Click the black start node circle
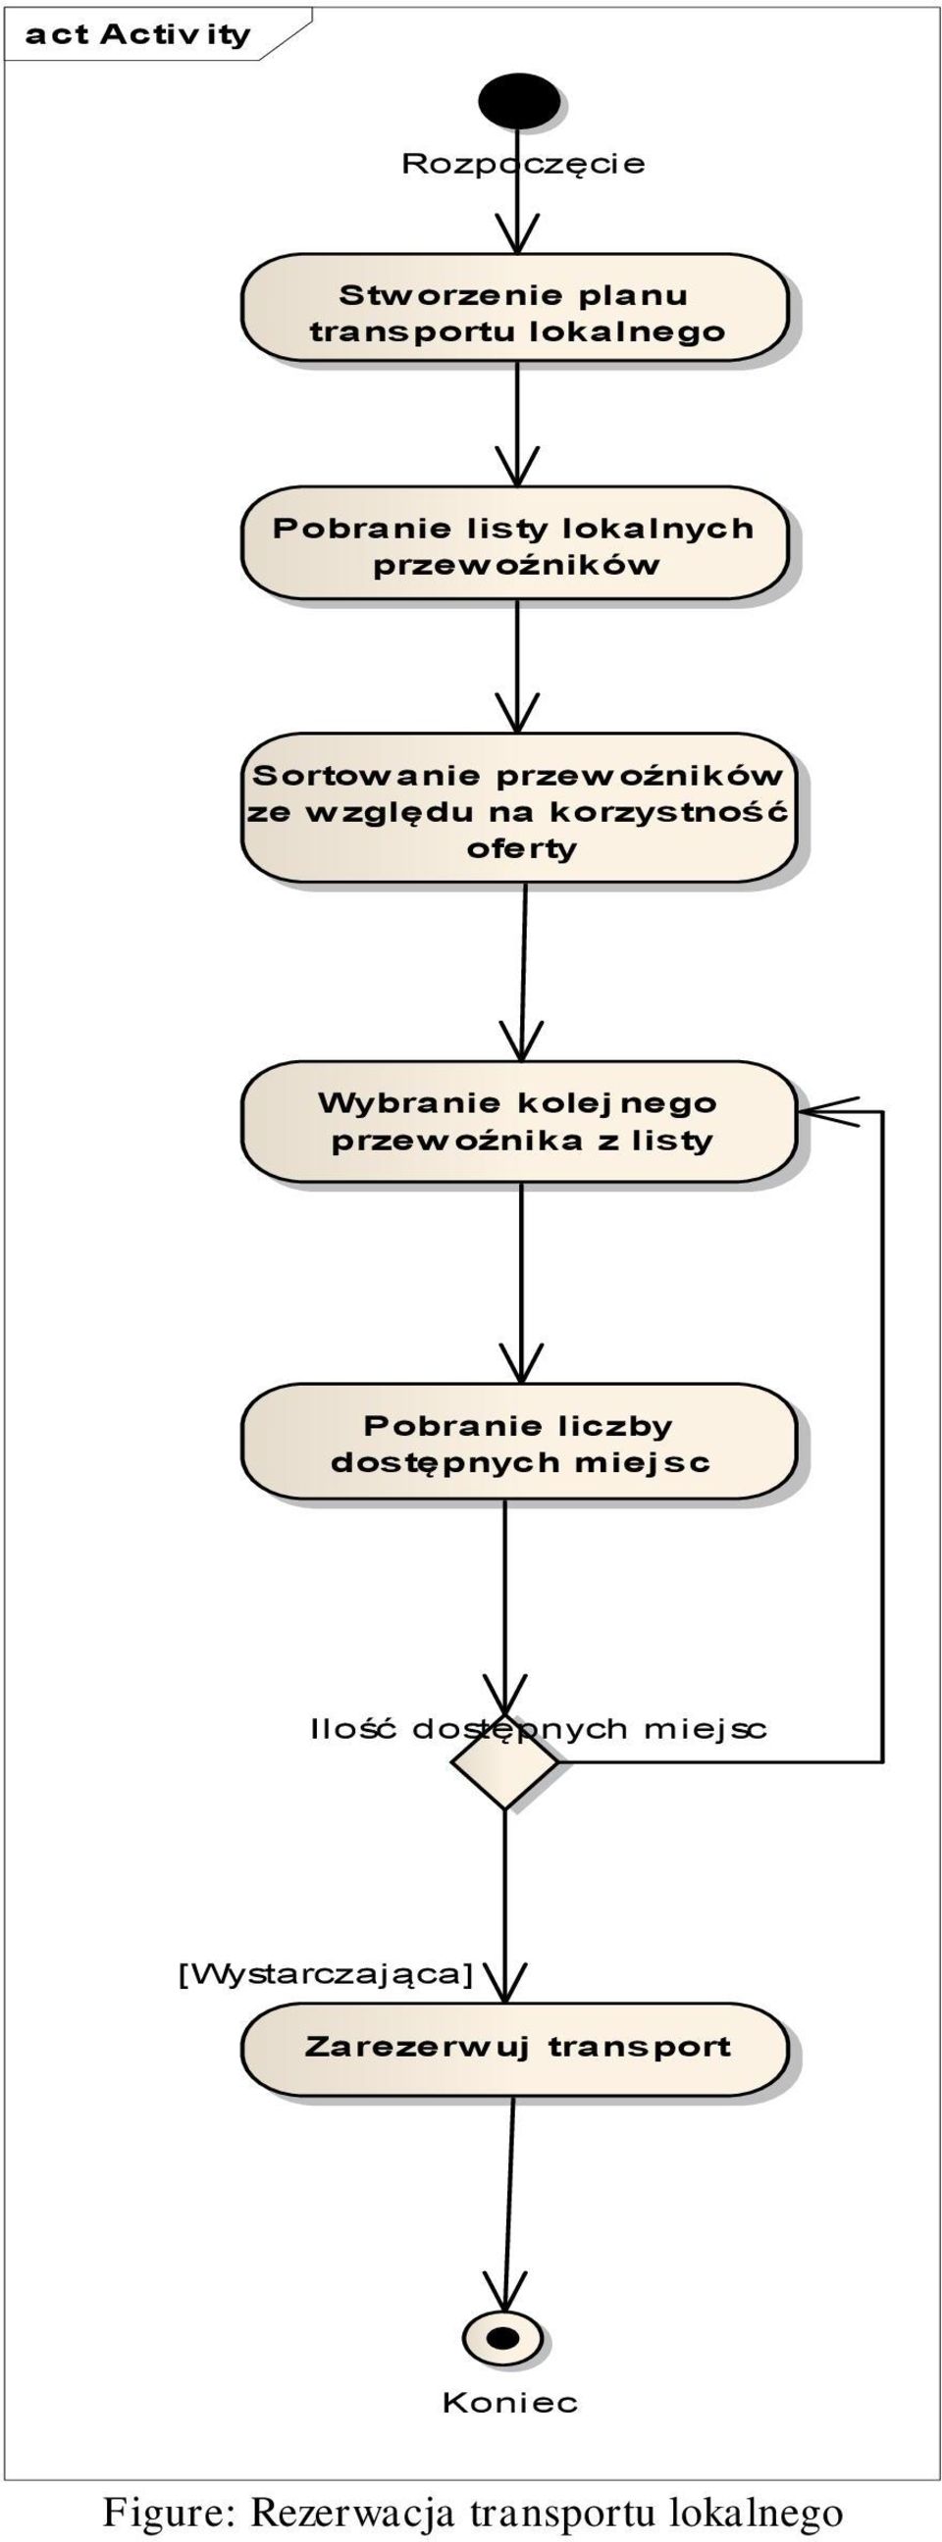coord(517,101)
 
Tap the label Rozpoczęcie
coord(522,164)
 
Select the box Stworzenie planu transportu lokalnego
coord(515,308)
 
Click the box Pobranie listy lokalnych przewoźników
coord(515,542)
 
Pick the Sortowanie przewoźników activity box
coord(518,807)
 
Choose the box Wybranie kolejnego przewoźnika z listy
coord(518,1121)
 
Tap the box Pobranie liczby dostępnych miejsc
coord(518,1442)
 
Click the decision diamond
coord(504,1761)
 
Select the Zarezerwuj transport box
coord(515,2049)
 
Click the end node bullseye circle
coord(503,2339)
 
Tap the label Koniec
coord(509,2403)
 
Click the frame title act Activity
coord(138,34)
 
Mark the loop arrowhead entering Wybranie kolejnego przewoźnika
coord(829,1112)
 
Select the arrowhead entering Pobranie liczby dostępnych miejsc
coord(521,1363)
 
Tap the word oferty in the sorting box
coord(521,848)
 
